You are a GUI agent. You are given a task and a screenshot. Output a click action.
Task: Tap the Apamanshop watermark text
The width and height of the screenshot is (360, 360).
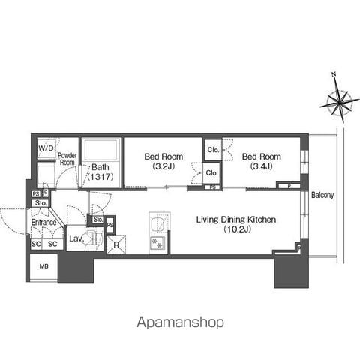180,322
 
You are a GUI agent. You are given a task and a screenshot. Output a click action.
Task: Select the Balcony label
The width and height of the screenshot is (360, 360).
322,195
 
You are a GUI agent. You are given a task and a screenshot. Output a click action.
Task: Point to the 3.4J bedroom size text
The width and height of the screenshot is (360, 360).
262,166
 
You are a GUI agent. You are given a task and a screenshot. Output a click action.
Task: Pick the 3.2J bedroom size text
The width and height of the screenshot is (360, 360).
163,166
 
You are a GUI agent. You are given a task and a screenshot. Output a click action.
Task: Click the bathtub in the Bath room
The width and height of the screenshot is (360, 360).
101,150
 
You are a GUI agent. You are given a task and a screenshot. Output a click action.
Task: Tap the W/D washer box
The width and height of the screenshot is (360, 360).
46,148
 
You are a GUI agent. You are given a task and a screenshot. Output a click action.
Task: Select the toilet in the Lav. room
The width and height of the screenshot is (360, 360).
94,238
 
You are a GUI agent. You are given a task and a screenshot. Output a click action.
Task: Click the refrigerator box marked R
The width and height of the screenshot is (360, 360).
116,244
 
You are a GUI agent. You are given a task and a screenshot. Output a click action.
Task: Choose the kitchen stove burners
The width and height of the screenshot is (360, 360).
157,243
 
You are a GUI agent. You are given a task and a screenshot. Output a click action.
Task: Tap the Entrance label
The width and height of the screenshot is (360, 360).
43,222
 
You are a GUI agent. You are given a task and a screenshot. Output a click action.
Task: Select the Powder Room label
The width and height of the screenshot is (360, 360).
67,159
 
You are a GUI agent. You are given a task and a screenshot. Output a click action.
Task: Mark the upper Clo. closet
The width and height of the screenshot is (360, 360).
213,150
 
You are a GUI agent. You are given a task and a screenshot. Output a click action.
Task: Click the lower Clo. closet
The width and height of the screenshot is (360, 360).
211,172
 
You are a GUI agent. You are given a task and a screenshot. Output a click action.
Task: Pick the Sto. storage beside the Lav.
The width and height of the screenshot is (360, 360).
98,220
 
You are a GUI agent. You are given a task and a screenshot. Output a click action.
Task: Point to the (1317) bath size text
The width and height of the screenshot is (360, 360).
100,177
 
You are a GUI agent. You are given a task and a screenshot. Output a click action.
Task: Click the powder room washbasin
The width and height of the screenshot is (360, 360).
46,174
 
